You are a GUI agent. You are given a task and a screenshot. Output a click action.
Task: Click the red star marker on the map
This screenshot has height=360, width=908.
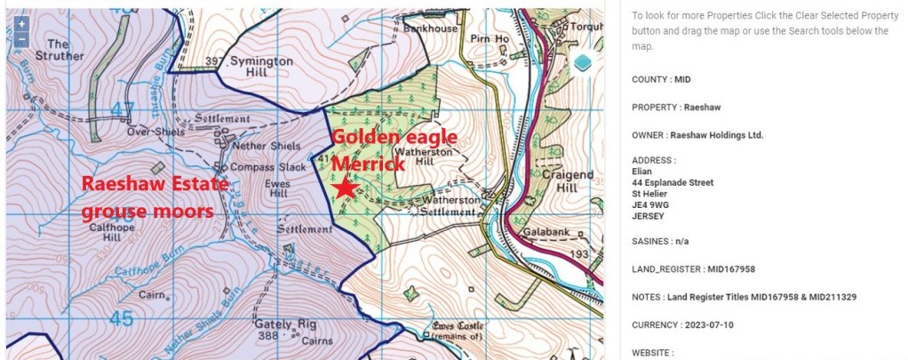[x=345, y=188]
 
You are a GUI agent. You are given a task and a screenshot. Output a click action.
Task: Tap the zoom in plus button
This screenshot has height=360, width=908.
[x=21, y=24]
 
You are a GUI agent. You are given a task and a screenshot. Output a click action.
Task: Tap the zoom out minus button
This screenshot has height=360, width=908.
[x=21, y=39]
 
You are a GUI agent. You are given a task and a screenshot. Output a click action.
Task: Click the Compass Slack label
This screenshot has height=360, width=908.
[x=267, y=167]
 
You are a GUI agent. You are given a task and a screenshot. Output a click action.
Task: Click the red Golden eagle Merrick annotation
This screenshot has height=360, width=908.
[x=394, y=150]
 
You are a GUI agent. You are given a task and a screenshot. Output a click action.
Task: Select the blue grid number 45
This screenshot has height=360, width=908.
[x=123, y=317]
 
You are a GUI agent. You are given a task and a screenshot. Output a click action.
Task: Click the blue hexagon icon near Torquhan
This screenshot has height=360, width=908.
[x=582, y=62]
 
